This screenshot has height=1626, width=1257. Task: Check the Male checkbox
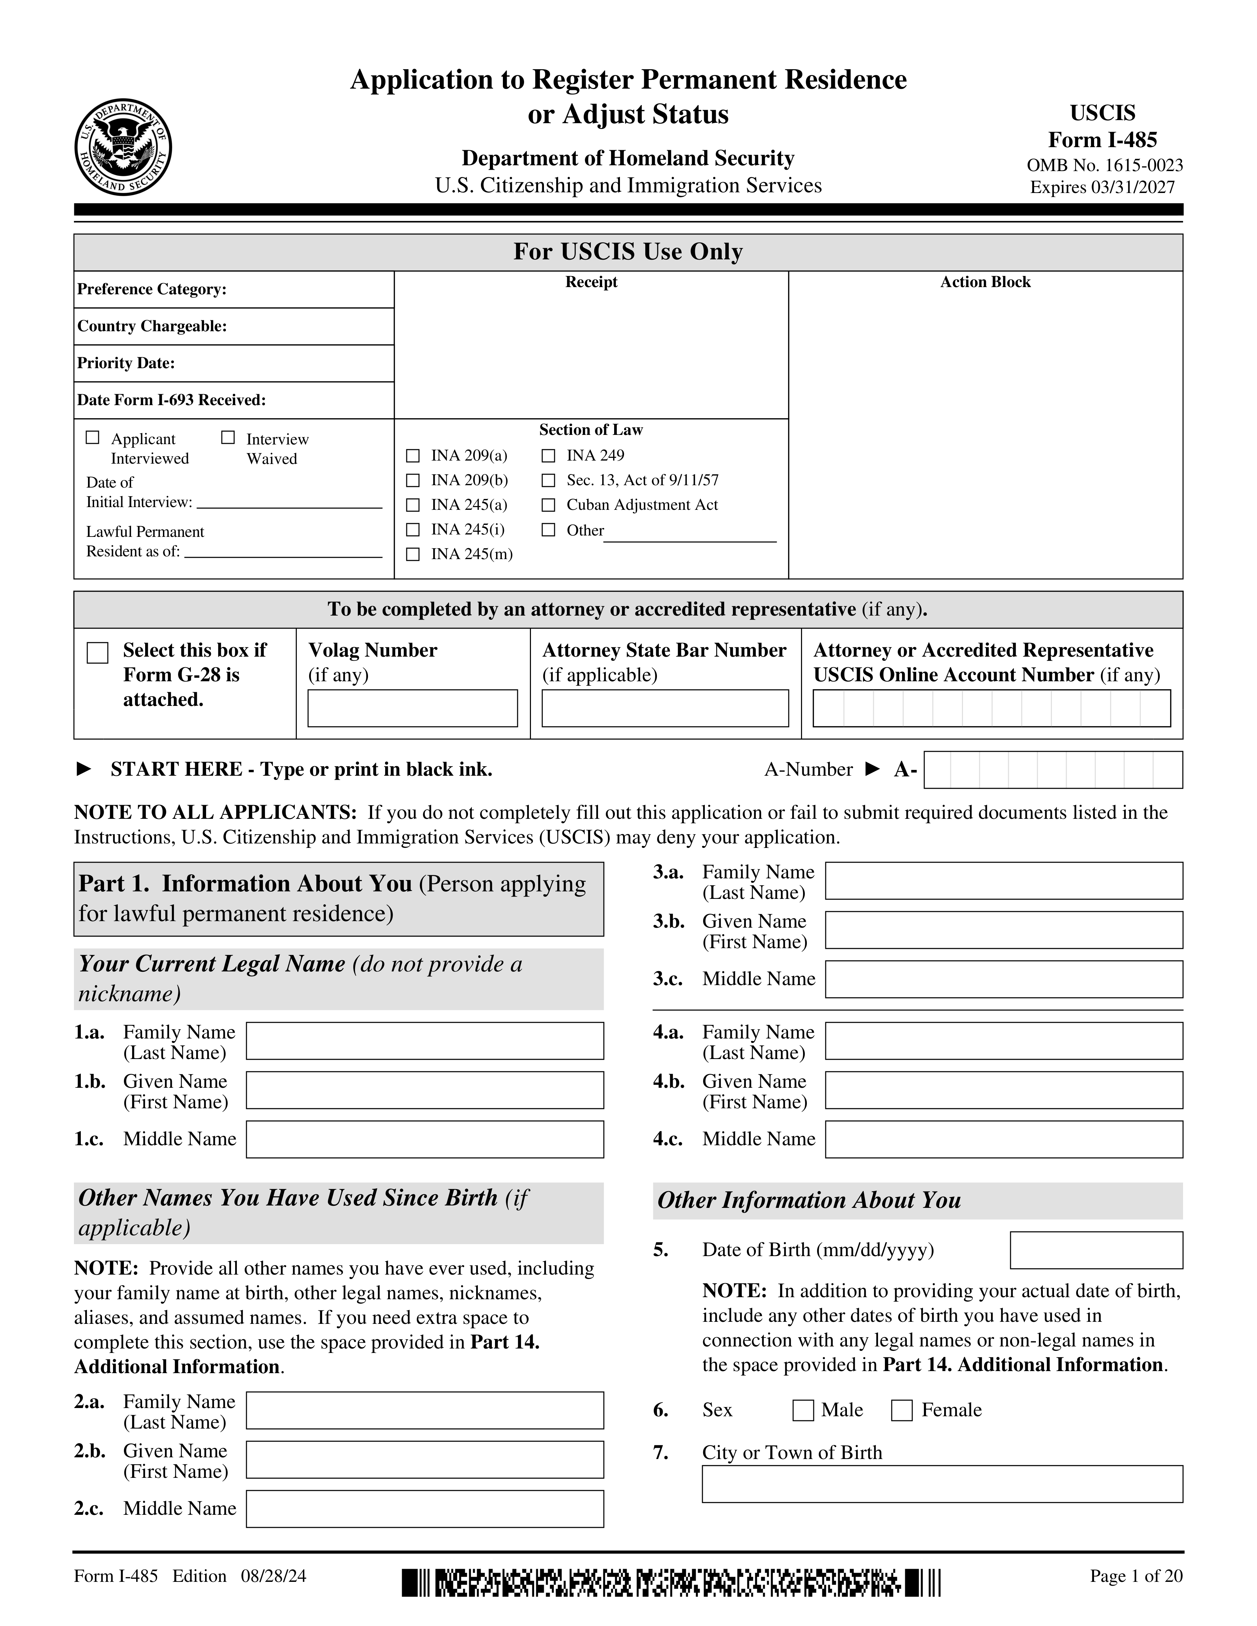pyautogui.click(x=803, y=1410)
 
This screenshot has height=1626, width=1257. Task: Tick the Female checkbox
pyautogui.click(x=902, y=1410)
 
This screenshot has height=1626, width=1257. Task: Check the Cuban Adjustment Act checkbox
pyautogui.click(x=548, y=505)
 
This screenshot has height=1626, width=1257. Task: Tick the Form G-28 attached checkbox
pyautogui.click(x=98, y=653)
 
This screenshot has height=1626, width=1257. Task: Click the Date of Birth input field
pyautogui.click(x=1095, y=1250)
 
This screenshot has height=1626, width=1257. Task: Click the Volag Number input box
pyautogui.click(x=412, y=708)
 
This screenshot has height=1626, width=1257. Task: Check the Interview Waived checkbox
pyautogui.click(x=228, y=438)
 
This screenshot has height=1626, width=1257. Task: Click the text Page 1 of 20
pyautogui.click(x=1135, y=1576)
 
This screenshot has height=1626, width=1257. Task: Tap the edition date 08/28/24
pyautogui.click(x=273, y=1576)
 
